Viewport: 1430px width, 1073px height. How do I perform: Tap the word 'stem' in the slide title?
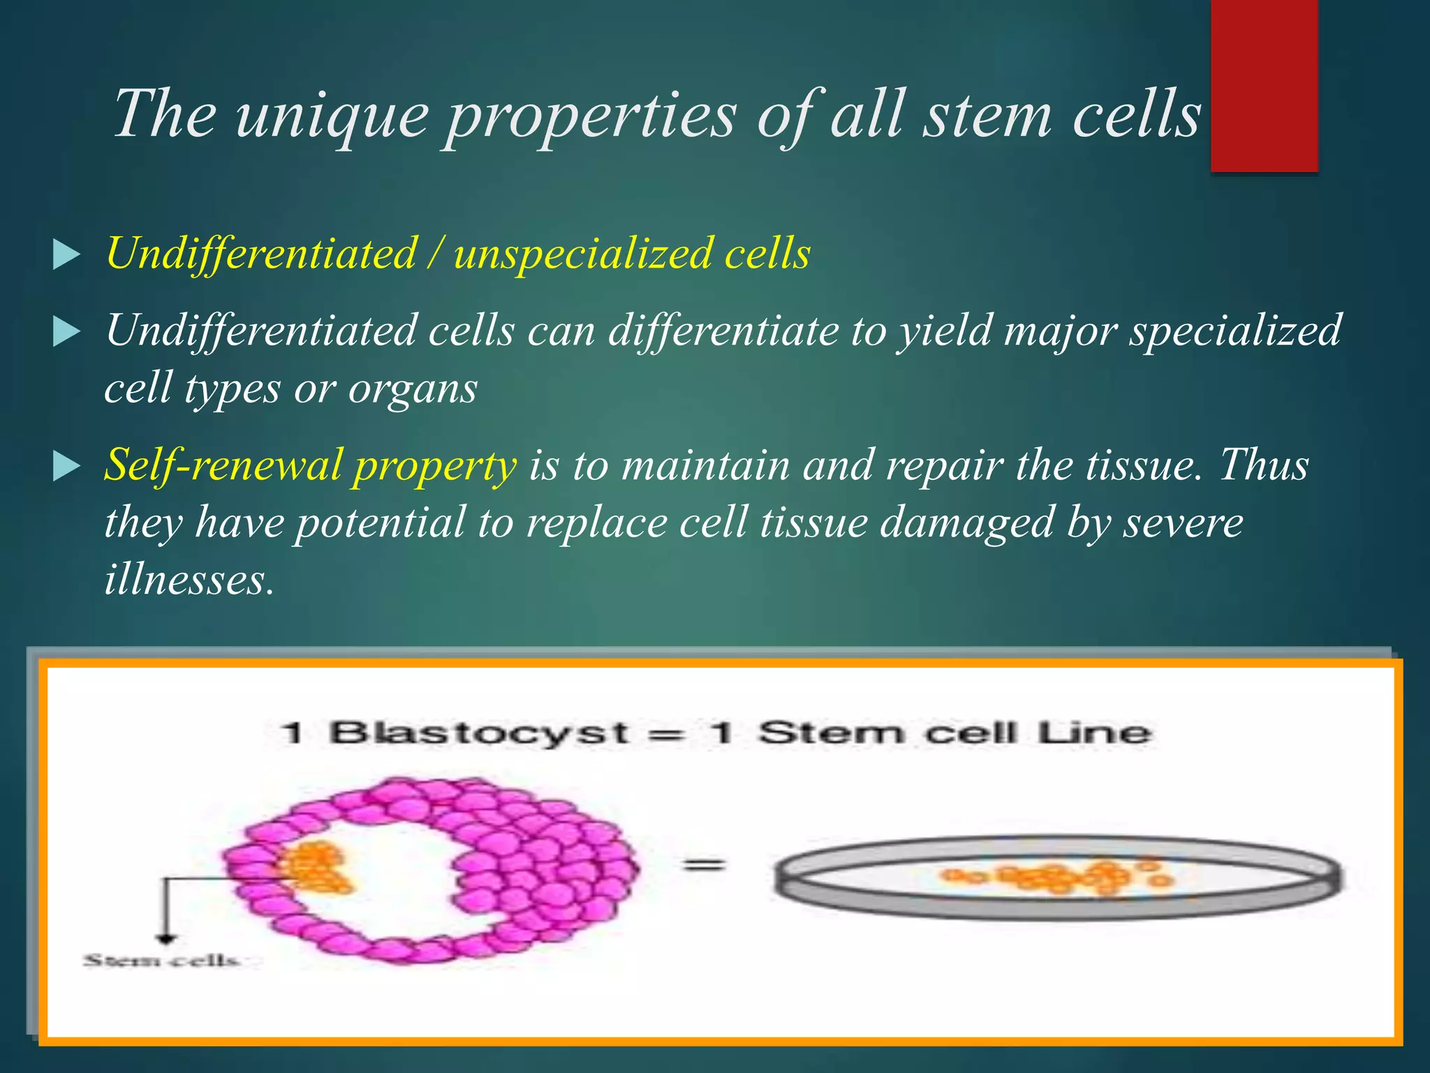(x=987, y=113)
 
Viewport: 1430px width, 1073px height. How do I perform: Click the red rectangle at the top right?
(x=1264, y=85)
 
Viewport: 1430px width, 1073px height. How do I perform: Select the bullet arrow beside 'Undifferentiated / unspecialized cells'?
(x=66, y=256)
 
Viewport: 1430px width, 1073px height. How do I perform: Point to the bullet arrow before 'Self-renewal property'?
(x=66, y=467)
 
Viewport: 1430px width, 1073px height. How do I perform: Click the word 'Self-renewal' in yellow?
(x=223, y=464)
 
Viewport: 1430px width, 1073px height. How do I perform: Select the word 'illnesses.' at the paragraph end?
(x=189, y=578)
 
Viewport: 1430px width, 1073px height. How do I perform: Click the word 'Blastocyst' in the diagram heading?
(x=480, y=733)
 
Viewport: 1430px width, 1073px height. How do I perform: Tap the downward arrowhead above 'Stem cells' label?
(x=165, y=938)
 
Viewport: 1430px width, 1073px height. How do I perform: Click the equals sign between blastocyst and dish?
(x=704, y=866)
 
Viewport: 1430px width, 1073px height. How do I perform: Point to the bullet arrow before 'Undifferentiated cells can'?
(x=66, y=333)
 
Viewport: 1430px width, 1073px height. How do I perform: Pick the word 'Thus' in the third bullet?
(x=1264, y=464)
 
